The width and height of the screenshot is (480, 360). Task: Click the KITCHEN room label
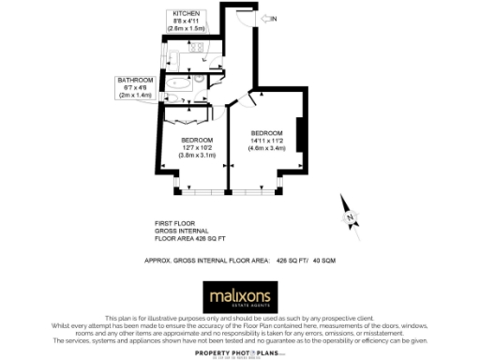185,13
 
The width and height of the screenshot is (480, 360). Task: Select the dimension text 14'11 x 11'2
266,141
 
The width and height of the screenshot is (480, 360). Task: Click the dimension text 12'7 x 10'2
197,147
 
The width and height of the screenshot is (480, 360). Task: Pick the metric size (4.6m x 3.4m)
266,148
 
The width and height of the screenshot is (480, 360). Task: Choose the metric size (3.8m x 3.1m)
197,155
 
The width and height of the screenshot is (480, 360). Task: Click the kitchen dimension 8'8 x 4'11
185,21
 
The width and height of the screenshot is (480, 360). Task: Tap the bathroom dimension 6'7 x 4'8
133,88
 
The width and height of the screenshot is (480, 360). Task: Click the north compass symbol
349,215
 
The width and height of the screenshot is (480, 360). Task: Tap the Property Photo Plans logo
240,351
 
